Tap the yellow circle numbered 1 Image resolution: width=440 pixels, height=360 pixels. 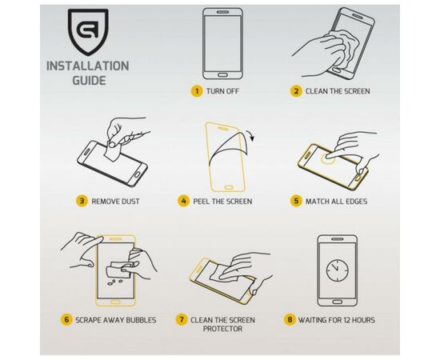195,91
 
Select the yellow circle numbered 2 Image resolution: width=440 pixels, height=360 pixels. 296,91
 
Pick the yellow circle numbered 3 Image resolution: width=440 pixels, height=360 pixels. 82,201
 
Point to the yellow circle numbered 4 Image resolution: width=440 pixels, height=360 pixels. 183,201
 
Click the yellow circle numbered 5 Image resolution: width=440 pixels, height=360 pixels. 296,201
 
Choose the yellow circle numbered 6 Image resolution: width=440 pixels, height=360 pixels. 67,320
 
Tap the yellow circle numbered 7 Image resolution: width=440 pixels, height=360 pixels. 182,320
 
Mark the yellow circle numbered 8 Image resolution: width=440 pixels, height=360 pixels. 290,320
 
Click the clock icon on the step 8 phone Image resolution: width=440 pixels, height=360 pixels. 337,269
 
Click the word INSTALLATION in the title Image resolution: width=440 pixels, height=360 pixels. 87,65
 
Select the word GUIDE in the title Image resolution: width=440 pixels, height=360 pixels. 87,81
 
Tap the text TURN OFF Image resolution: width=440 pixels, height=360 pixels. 223,91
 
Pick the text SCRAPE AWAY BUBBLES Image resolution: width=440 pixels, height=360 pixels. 116,320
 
